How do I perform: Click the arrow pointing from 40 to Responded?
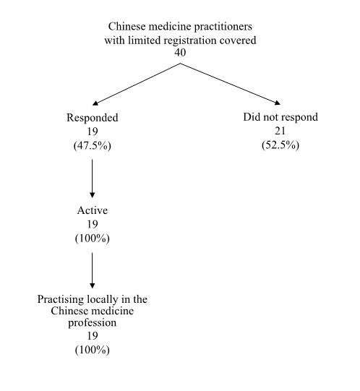click(x=137, y=83)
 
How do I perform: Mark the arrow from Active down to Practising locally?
click(x=92, y=270)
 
